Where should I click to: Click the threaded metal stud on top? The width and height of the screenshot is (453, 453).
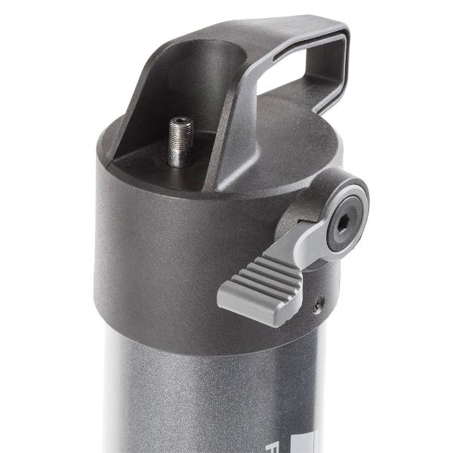[x=180, y=143]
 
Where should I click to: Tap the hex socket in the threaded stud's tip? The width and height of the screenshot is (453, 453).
[x=180, y=122]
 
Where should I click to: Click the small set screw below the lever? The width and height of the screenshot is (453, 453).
[x=318, y=307]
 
